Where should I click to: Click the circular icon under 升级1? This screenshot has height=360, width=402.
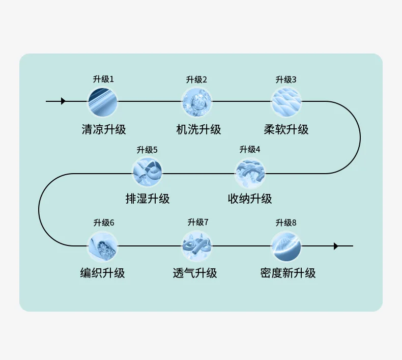click(x=103, y=102)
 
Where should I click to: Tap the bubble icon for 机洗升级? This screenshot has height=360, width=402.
click(x=196, y=102)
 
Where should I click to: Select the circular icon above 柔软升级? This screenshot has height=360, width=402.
click(x=286, y=102)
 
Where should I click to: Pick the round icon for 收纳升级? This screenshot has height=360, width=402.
click(x=250, y=174)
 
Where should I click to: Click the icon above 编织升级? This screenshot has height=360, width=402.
click(x=103, y=246)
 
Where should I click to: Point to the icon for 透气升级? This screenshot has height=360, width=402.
click(x=196, y=246)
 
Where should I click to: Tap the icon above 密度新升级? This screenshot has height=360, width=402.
click(x=286, y=246)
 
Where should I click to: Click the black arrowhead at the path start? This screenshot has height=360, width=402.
click(x=63, y=101)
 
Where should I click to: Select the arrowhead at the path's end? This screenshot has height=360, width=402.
click(x=336, y=246)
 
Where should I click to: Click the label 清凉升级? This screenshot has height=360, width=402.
click(x=104, y=129)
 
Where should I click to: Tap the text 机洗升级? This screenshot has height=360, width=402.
click(x=198, y=129)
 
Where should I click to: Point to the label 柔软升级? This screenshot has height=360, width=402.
click(x=286, y=129)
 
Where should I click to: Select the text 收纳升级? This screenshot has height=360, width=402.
click(x=250, y=199)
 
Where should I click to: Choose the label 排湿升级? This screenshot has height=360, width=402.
click(x=148, y=199)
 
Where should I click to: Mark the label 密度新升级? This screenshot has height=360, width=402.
click(x=288, y=273)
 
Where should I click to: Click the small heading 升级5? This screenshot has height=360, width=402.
click(x=147, y=150)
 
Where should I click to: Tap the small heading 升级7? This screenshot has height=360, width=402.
click(x=198, y=222)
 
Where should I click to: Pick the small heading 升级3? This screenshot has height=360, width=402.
click(x=286, y=79)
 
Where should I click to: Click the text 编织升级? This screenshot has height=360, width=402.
click(x=103, y=273)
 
